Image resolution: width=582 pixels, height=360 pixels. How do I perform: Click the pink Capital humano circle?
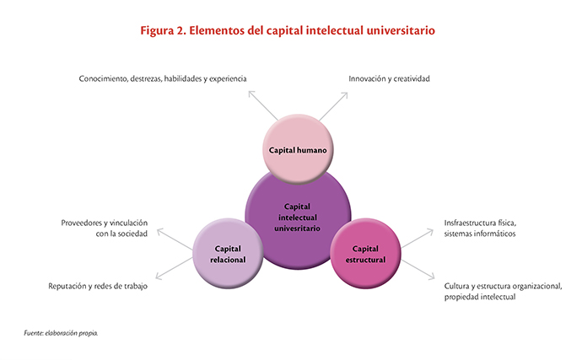click(x=298, y=149)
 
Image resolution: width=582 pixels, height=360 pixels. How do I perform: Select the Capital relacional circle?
click(x=228, y=254)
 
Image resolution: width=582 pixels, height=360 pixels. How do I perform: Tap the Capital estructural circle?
click(x=365, y=254)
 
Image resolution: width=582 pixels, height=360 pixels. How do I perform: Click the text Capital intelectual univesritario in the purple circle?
click(x=297, y=218)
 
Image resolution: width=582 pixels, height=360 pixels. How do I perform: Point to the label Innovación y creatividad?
click(x=389, y=78)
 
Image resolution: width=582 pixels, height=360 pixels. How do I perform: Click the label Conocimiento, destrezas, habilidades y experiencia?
click(x=163, y=78)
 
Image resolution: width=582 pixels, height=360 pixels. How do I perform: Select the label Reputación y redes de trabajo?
click(x=98, y=286)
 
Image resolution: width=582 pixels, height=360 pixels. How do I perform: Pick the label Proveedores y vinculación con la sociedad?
click(x=105, y=228)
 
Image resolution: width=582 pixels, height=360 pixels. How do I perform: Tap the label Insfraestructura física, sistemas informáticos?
click(x=480, y=228)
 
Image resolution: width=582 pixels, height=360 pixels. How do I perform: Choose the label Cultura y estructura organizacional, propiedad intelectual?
click(x=503, y=292)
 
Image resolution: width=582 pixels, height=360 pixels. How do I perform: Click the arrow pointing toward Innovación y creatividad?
click(x=333, y=106)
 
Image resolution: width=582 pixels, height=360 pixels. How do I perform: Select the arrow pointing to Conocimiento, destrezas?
click(x=263, y=105)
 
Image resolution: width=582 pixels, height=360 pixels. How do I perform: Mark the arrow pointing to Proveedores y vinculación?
click(x=175, y=239)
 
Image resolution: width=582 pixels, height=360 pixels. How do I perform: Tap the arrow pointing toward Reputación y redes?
click(x=174, y=268)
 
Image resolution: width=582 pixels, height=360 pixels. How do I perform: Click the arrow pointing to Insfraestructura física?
click(x=418, y=238)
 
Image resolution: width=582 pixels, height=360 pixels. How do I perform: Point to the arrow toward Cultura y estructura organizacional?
click(x=418, y=270)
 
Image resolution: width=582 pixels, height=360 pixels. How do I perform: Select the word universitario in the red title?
click(x=401, y=30)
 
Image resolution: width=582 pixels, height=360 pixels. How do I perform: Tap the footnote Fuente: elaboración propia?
click(x=61, y=333)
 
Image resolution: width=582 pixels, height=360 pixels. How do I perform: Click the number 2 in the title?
click(x=181, y=30)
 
